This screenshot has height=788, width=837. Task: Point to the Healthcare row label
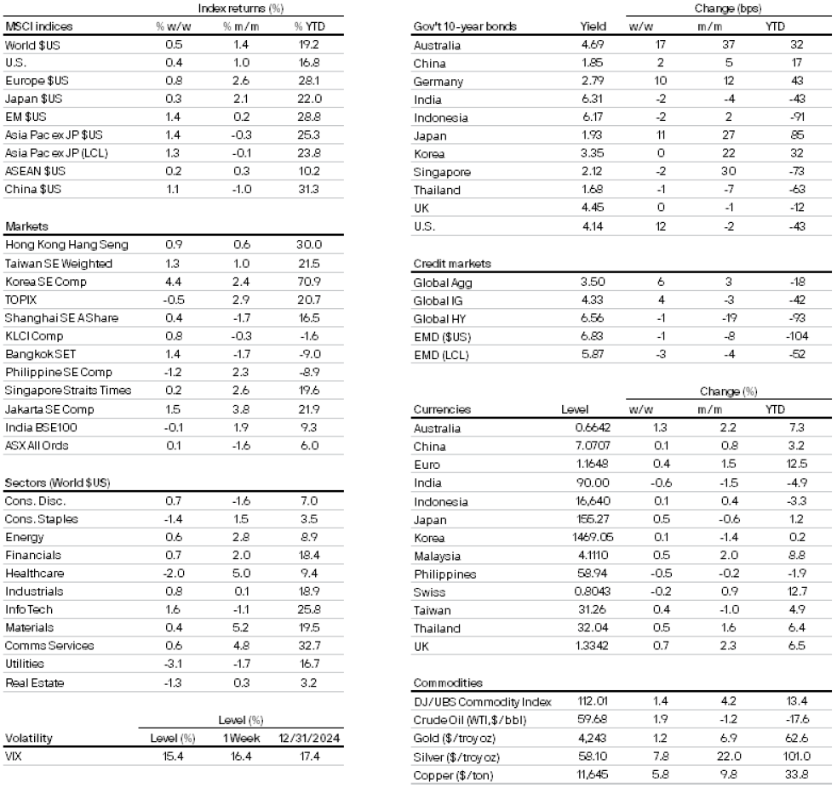point(35,574)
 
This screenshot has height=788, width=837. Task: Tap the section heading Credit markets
point(451,264)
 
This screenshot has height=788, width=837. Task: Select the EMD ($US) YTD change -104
point(775,336)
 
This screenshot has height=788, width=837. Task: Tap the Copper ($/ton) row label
point(455,775)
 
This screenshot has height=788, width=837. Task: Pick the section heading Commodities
point(448,682)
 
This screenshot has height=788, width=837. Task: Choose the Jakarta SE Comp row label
point(49,409)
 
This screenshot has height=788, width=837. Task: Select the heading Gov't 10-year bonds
point(465,26)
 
